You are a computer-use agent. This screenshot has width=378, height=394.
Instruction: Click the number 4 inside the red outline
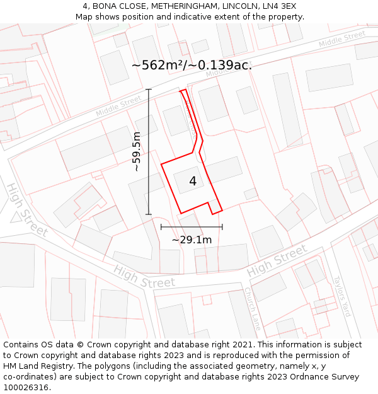click(x=193, y=182)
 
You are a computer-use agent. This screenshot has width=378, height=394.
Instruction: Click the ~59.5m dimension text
click(x=136, y=151)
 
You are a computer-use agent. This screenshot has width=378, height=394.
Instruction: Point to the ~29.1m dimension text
click(x=192, y=240)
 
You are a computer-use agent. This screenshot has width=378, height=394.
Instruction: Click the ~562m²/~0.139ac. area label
click(x=192, y=65)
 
